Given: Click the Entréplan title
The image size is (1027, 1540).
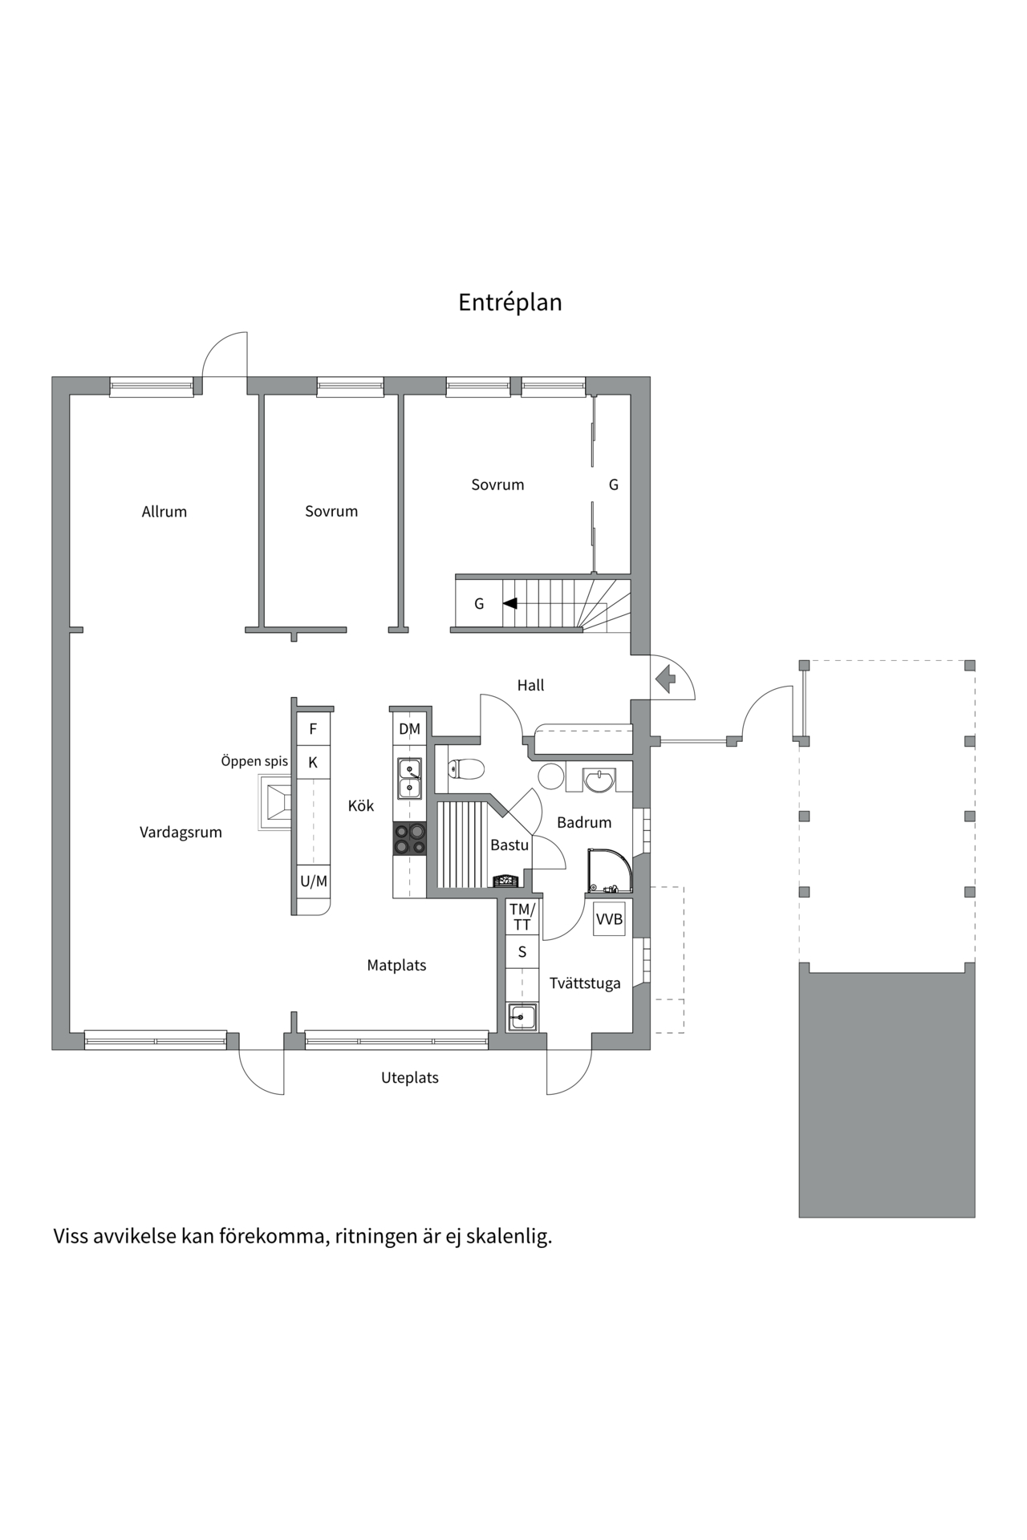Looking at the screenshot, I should pyautogui.click(x=509, y=302).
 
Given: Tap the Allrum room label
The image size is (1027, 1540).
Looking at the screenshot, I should pyautogui.click(x=164, y=512).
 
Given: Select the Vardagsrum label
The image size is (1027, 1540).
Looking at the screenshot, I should pyautogui.click(x=181, y=832).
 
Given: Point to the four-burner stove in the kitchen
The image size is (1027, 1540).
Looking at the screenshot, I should pyautogui.click(x=409, y=838).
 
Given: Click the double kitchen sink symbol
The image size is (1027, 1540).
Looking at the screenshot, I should pyautogui.click(x=410, y=779).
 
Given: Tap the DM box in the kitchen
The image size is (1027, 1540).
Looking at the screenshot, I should pyautogui.click(x=409, y=729).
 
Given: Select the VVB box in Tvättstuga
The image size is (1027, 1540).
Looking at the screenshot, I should pyautogui.click(x=609, y=919).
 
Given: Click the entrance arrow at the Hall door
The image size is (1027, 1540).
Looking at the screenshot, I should pyautogui.click(x=665, y=679).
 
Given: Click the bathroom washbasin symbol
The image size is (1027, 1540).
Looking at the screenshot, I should pyautogui.click(x=599, y=780).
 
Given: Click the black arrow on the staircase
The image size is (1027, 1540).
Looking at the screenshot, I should pyautogui.click(x=509, y=603).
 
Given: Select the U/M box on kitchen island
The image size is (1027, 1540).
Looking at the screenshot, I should pyautogui.click(x=313, y=881).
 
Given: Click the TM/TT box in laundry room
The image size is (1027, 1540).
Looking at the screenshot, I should pyautogui.click(x=522, y=917).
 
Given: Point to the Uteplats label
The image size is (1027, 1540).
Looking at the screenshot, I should pyautogui.click(x=409, y=1078).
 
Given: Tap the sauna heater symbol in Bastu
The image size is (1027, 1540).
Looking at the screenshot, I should pyautogui.click(x=505, y=881).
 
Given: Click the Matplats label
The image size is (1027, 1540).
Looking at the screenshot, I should pyautogui.click(x=396, y=966).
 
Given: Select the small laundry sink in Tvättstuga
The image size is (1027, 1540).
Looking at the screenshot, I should pyautogui.click(x=522, y=1017).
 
